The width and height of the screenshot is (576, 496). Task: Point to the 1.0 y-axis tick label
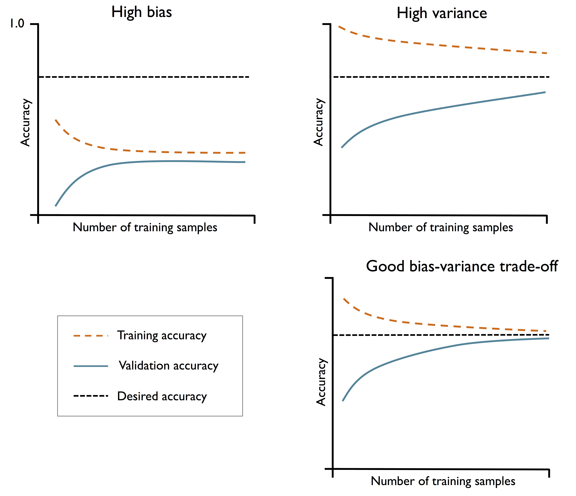(17, 24)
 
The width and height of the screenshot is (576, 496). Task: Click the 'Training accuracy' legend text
(162, 335)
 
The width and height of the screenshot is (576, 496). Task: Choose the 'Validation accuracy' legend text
(168, 366)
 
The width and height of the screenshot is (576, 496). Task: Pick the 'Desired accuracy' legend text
(162, 396)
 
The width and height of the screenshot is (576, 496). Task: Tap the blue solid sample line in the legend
(91, 366)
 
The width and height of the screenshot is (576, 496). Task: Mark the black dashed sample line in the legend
(91, 396)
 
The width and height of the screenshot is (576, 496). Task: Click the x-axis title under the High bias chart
(145, 227)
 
